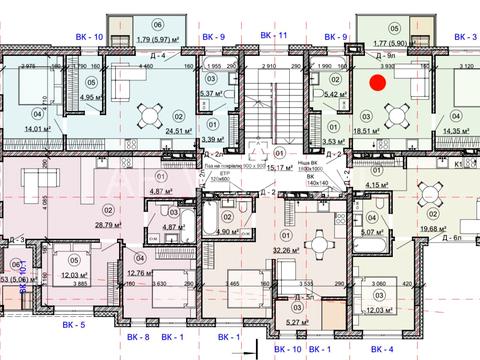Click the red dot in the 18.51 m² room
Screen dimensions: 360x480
[377, 84]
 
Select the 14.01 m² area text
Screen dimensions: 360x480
[21, 129]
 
